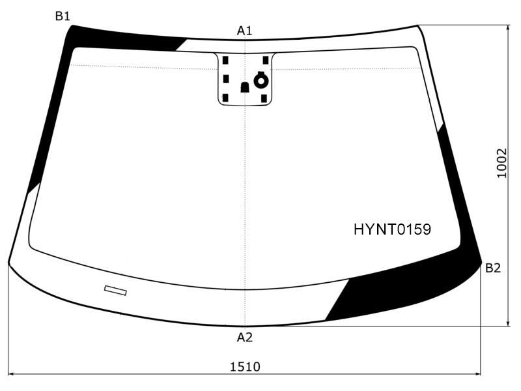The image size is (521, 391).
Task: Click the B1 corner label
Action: [63, 16]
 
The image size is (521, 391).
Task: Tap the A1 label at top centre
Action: [245, 31]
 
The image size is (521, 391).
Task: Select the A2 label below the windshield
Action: [245, 338]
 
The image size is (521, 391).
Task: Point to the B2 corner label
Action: [493, 268]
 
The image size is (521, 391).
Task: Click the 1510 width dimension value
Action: [246, 367]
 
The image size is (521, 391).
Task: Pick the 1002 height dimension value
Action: [502, 164]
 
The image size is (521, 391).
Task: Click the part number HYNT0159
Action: [392, 229]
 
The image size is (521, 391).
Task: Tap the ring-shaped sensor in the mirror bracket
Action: [261, 80]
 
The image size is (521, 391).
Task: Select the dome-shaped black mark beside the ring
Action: [245, 87]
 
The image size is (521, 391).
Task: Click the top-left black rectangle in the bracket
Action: [225, 60]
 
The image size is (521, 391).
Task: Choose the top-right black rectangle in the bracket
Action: [266, 60]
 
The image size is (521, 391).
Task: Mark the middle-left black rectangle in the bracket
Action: [226, 79]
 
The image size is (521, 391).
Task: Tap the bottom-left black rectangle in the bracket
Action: [225, 98]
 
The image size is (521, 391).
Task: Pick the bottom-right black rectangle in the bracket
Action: [264, 98]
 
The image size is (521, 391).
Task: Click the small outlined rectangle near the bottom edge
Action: [115, 290]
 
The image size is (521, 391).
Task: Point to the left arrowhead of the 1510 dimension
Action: [10, 374]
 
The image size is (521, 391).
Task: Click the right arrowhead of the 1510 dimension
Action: [478, 374]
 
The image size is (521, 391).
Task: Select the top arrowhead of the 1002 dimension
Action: [508, 28]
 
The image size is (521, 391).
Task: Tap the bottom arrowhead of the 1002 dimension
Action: [508, 323]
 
